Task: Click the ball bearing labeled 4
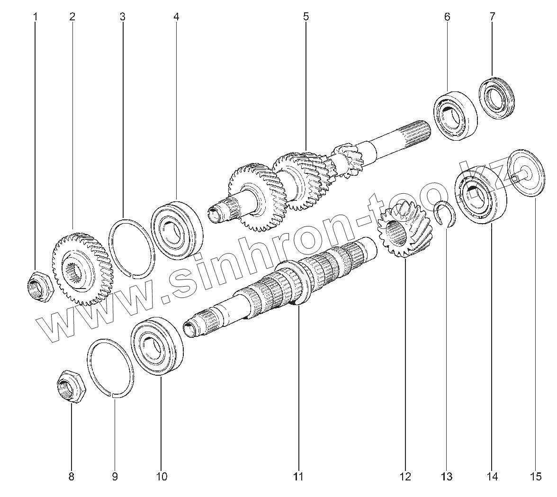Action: click(177, 229)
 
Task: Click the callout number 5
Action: click(306, 17)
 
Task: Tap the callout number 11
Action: click(297, 476)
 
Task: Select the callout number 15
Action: click(536, 476)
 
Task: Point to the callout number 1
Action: click(35, 17)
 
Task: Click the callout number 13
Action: click(446, 476)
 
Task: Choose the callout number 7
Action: click(492, 17)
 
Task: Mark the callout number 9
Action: click(115, 476)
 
